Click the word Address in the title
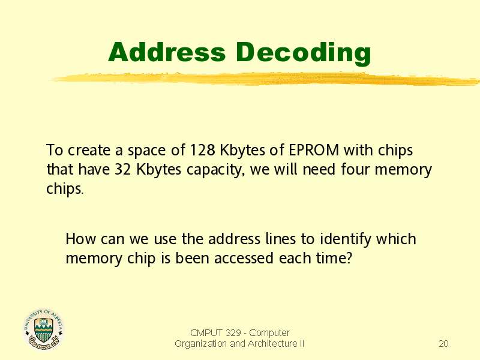(167, 52)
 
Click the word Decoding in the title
(304, 53)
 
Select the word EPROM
(314, 150)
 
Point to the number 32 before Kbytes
(123, 169)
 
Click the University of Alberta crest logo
(43, 329)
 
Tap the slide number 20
(443, 343)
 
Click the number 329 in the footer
(233, 332)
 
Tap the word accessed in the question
(244, 259)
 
